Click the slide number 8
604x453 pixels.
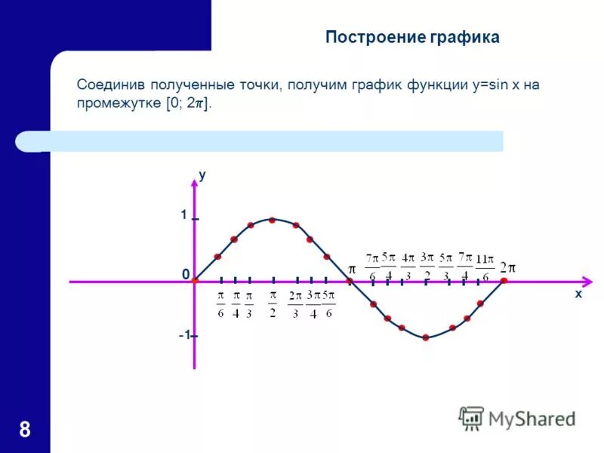[25, 430]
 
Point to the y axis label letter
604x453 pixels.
[202, 174]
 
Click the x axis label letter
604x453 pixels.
[578, 294]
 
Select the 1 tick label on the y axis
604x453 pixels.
[183, 215]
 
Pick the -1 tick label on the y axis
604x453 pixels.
[183, 335]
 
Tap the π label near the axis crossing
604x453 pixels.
[351, 270]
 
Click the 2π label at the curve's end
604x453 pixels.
[507, 267]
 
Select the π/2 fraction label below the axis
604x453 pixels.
[273, 303]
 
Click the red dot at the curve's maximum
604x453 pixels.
[272, 220]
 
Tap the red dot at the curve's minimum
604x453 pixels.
[426, 338]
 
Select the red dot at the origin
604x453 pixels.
[194, 281]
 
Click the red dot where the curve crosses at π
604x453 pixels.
[350, 281]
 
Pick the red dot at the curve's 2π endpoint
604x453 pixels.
[504, 281]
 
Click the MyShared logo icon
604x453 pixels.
[472, 418]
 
